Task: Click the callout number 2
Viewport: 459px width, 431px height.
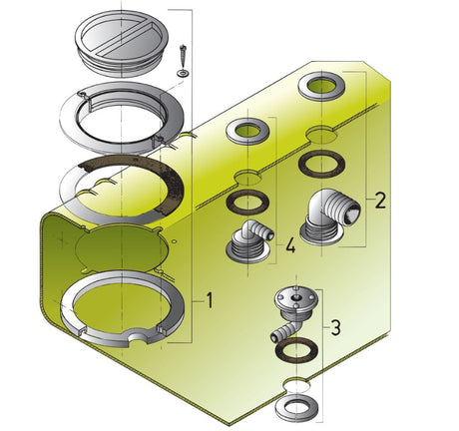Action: pos(380,201)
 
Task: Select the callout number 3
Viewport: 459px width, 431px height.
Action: pos(336,327)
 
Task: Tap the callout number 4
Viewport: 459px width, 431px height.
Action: pos(290,245)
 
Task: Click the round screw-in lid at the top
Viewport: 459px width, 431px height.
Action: pos(122,43)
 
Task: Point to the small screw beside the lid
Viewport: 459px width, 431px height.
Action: pos(182,56)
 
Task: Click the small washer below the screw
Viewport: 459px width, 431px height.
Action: pos(183,73)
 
